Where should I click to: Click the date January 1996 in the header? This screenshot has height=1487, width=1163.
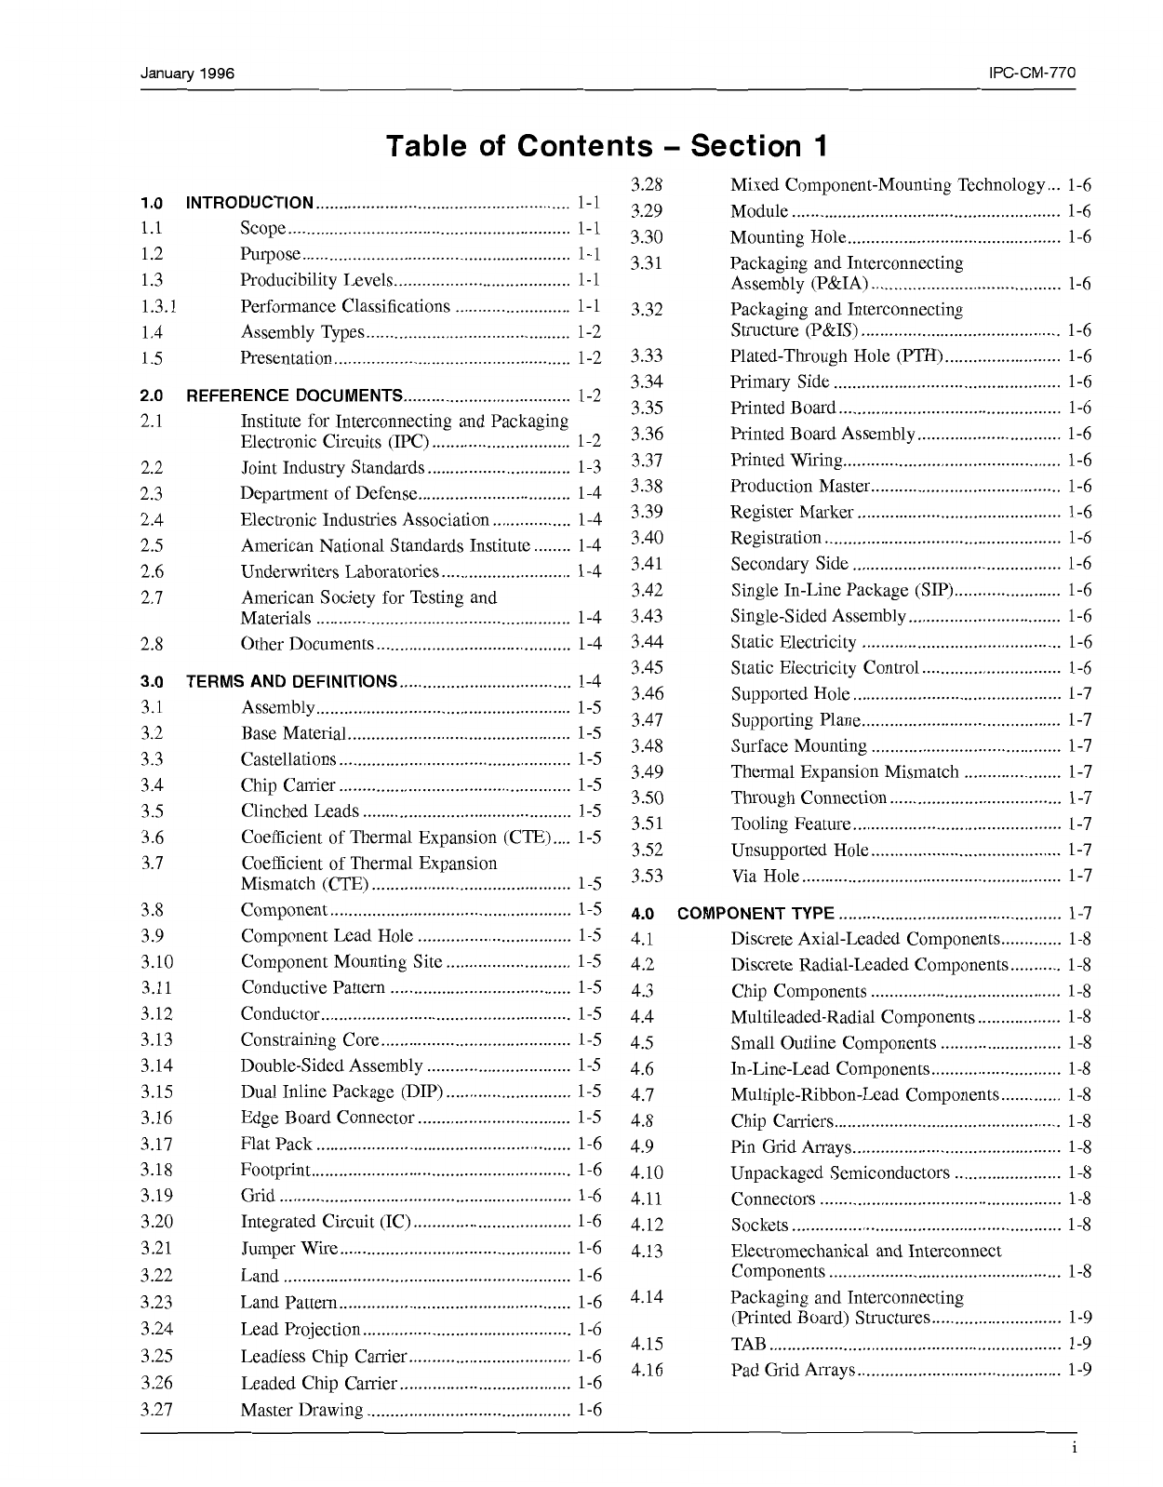click(187, 73)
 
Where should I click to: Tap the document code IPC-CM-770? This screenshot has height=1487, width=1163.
click(1033, 73)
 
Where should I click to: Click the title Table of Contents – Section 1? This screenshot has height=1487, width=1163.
click(606, 146)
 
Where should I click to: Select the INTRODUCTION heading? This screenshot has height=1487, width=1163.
click(250, 203)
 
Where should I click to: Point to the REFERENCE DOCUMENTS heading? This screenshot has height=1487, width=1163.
click(295, 395)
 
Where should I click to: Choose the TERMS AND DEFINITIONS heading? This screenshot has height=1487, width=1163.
click(292, 681)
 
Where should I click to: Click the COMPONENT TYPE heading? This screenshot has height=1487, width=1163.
click(756, 914)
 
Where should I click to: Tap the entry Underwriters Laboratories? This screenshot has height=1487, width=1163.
click(340, 571)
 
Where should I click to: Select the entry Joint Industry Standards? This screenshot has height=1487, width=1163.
click(333, 467)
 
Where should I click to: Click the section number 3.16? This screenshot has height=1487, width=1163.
click(157, 1118)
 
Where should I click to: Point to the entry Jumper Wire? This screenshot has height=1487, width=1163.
click(289, 1248)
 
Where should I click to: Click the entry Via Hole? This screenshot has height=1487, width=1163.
click(765, 876)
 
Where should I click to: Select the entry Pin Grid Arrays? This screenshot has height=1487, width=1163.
click(791, 1147)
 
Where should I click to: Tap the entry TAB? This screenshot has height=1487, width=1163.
click(748, 1344)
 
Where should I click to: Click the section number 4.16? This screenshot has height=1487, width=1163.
click(647, 1370)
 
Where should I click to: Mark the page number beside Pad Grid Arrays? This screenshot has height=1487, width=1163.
click(1079, 1370)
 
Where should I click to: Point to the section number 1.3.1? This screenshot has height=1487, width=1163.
click(160, 306)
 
